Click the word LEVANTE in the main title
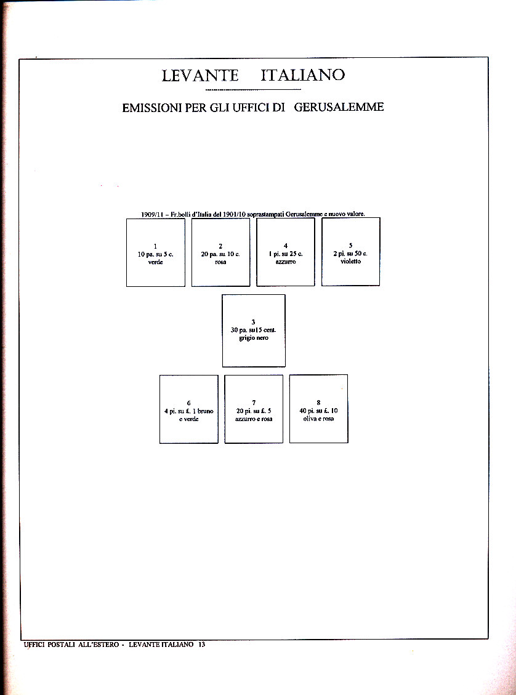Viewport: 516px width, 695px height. pos(200,76)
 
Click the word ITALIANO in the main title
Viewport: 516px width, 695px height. pos(302,75)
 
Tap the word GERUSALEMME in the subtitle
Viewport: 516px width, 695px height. pos(339,107)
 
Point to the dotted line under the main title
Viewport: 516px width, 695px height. pos(253,90)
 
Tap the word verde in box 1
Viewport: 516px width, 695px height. pos(155,262)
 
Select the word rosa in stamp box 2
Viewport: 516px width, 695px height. pos(220,262)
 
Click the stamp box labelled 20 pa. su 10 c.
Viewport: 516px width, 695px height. pos(220,252)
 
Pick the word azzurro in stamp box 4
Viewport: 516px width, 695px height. pos(286,262)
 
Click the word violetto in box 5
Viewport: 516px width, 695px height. pos(350,261)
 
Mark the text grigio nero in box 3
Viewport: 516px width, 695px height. pos(254,338)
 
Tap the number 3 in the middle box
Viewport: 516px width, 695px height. pos(254,322)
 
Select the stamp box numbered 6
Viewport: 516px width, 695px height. pos(188,409)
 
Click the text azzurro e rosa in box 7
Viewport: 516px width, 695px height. pos(254,419)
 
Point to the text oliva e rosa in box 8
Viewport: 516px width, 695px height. pos(318,419)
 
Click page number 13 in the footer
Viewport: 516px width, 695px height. pos(201,645)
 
